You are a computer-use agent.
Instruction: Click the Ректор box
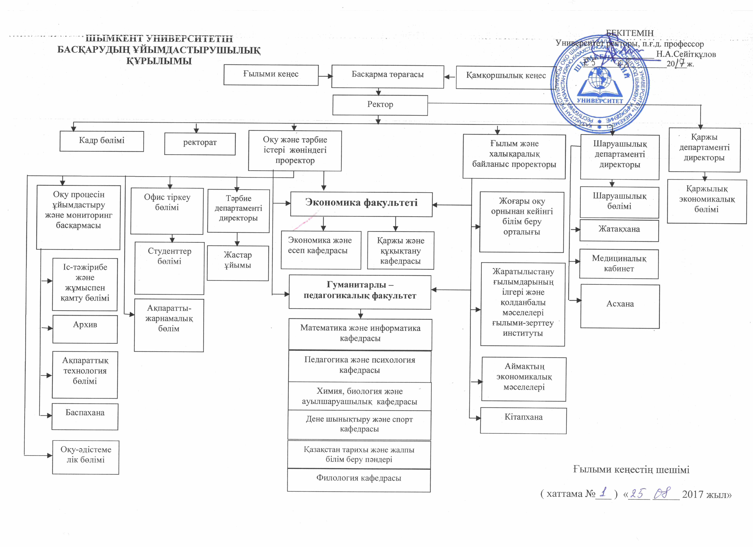point(380,105)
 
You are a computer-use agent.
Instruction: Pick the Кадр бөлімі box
point(102,141)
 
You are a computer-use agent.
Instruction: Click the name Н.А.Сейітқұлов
point(686,54)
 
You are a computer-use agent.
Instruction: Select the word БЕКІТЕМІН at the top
point(630,33)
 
